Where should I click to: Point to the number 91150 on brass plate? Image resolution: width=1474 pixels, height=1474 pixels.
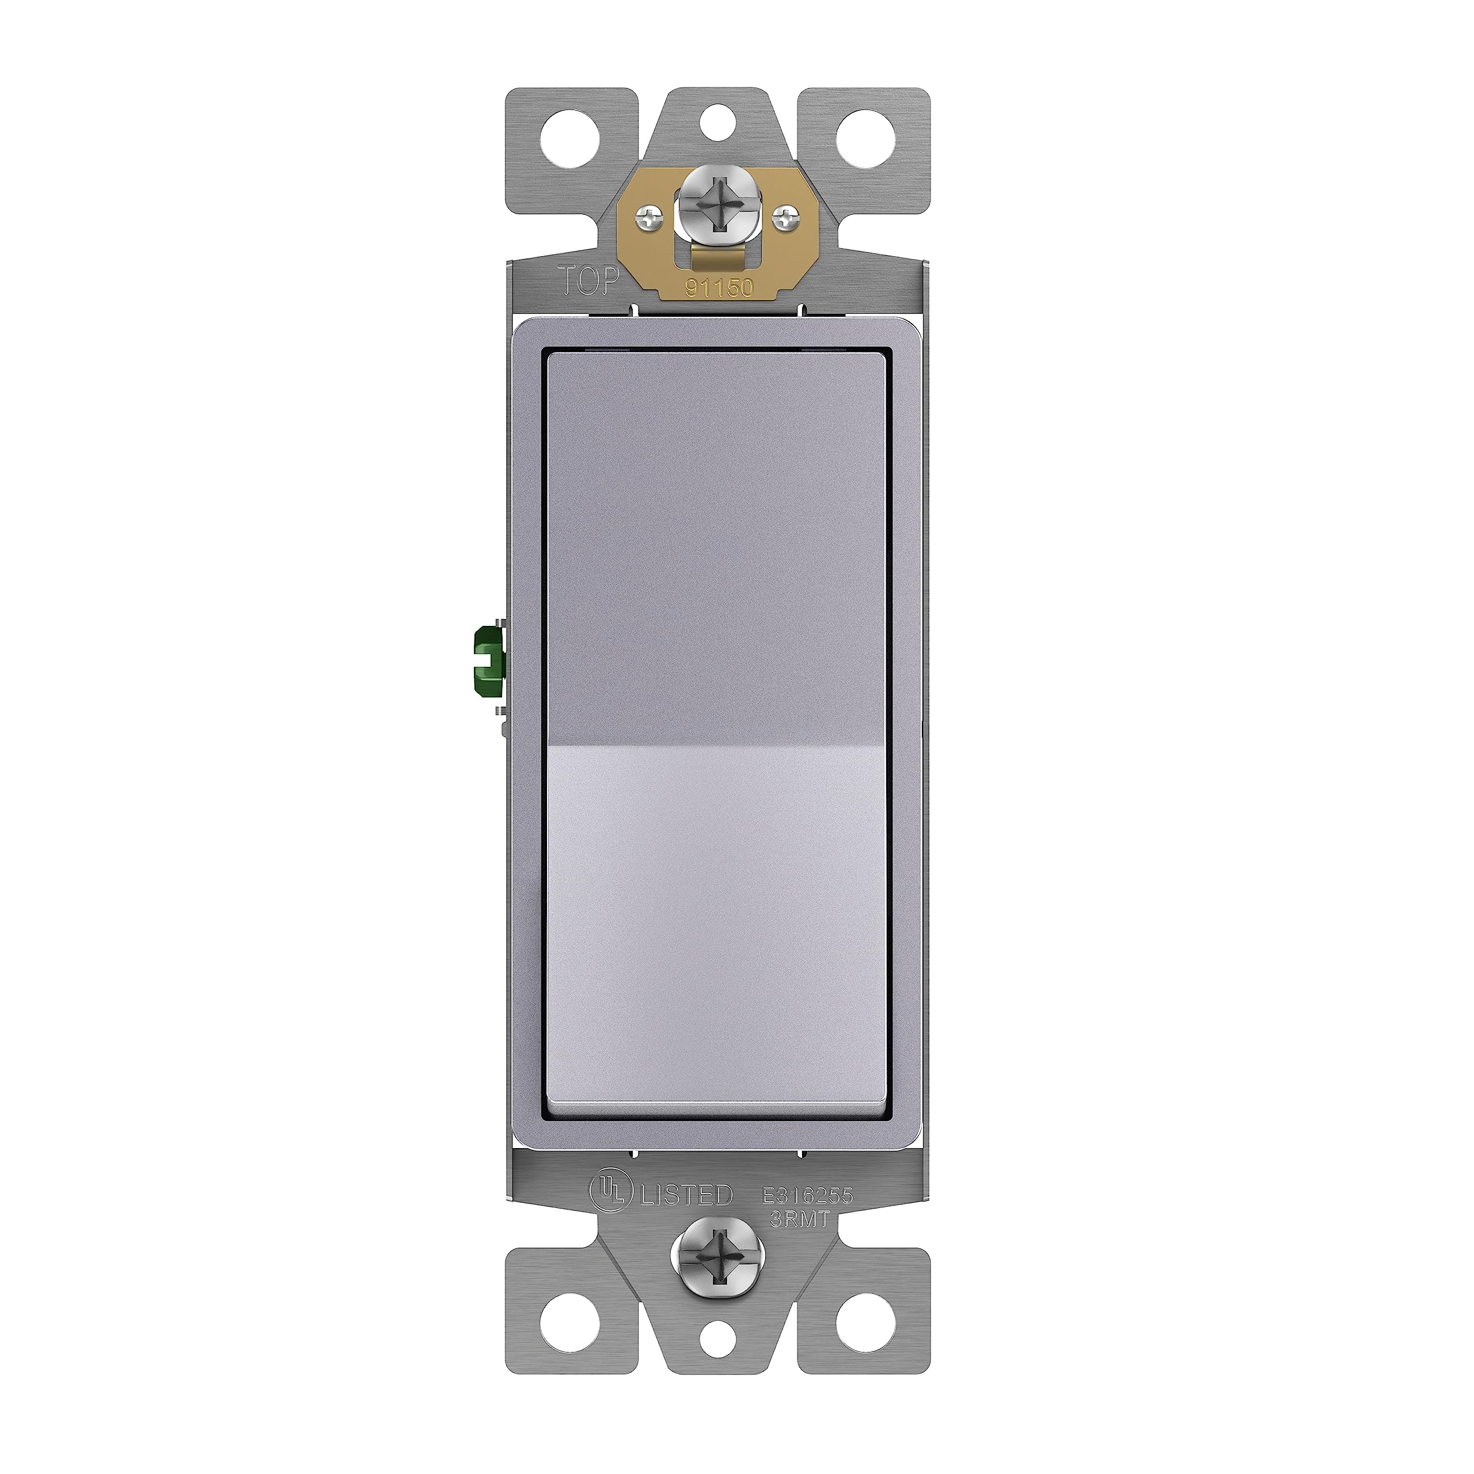719,288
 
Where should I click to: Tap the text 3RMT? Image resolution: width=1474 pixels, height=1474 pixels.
799,1219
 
